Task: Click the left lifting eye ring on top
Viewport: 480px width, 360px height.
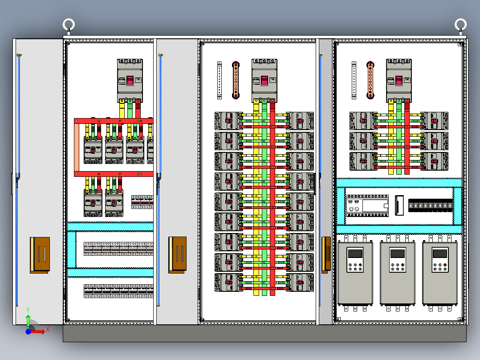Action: [68, 23]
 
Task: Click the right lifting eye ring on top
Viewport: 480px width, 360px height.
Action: [460, 24]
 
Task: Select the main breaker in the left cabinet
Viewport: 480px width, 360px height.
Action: [130, 80]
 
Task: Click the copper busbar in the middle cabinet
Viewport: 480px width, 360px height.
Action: [236, 80]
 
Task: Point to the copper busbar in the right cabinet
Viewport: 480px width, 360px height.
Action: [370, 80]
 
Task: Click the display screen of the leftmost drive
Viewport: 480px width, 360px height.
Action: [355, 254]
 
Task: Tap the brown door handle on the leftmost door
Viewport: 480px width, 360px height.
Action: [40, 254]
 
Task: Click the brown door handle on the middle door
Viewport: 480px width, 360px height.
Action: [178, 254]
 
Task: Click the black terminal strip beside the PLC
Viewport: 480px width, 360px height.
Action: [431, 205]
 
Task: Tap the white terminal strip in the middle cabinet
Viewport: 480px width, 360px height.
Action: [220, 80]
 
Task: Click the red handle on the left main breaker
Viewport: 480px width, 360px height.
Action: [130, 81]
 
